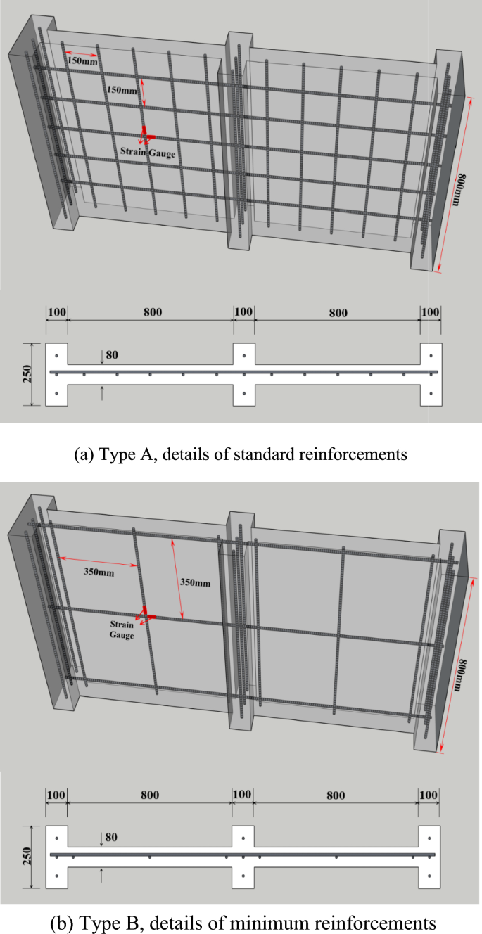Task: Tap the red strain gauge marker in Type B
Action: click(x=144, y=613)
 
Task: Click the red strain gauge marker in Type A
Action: click(x=144, y=133)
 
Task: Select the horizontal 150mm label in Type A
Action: click(x=82, y=61)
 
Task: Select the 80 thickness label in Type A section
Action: click(x=113, y=355)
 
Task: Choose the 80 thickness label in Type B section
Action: click(x=113, y=837)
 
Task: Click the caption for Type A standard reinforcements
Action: click(x=241, y=454)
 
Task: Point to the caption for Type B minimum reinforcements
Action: click(x=241, y=922)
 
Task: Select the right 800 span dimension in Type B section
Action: click(x=336, y=795)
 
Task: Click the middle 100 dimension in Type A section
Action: click(x=243, y=312)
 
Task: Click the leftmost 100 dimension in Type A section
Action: click(x=56, y=312)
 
